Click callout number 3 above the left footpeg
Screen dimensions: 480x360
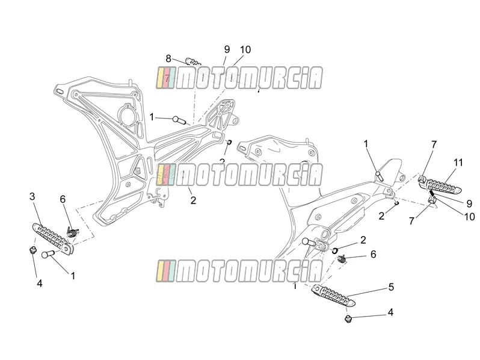coord(32,197)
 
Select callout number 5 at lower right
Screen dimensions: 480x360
coord(391,287)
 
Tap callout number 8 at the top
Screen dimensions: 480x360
coord(168,58)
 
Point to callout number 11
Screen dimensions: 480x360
coord(458,163)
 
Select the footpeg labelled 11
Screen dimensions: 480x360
coord(440,185)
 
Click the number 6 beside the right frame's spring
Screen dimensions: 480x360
coord(373,254)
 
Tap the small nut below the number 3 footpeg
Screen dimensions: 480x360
coord(31,250)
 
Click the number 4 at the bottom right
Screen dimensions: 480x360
coord(390,312)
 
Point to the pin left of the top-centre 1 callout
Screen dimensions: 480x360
coord(179,119)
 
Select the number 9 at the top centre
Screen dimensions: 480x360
coord(227,49)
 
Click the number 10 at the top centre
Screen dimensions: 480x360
coord(245,49)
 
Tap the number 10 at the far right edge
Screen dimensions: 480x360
coord(469,217)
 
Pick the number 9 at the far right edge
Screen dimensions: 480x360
coord(469,203)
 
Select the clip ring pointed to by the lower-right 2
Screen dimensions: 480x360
coord(335,250)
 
